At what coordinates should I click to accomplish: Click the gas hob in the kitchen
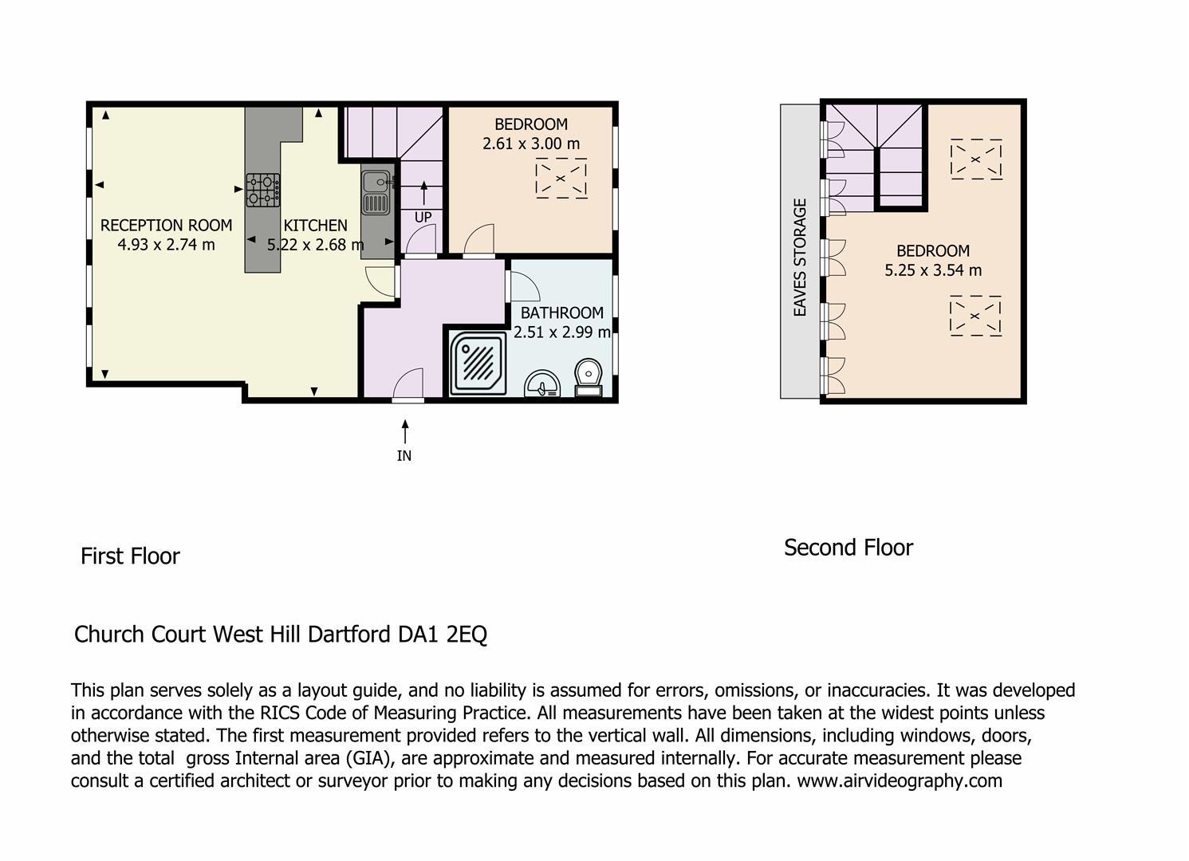[262, 190]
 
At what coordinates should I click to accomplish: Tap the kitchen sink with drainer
[377, 194]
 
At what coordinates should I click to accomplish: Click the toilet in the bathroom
[589, 378]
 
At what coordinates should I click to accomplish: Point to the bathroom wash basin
[542, 383]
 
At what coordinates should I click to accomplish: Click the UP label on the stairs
[423, 218]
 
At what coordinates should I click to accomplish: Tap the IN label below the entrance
[404, 456]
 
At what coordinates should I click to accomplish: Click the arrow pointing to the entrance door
[405, 431]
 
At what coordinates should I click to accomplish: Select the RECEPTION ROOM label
[166, 226]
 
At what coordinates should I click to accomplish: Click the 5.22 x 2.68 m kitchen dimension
[315, 245]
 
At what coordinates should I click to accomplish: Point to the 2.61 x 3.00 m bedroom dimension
[531, 143]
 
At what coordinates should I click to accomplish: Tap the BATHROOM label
[561, 313]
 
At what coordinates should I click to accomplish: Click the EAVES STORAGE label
[800, 258]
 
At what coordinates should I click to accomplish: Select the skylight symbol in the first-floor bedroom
[561, 179]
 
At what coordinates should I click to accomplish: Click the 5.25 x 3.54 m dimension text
[933, 270]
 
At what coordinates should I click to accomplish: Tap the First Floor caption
[130, 556]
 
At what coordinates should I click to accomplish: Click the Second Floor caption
[848, 548]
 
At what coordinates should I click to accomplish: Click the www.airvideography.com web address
[900, 781]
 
